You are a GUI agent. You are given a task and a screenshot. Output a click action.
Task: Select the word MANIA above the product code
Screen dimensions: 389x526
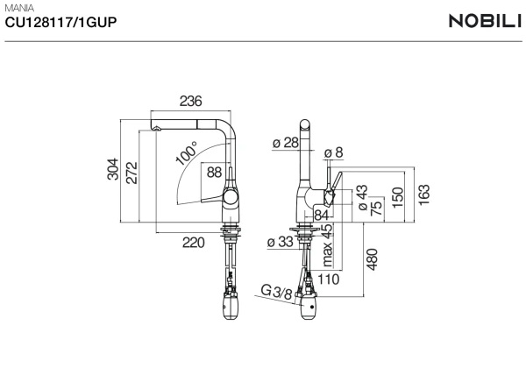pos(20,9)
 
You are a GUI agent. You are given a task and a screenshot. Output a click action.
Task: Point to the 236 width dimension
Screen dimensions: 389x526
pos(190,102)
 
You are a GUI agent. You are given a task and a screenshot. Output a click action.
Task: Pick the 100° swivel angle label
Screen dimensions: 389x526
pos(185,155)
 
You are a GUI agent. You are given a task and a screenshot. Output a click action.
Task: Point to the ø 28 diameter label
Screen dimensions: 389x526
pos(285,143)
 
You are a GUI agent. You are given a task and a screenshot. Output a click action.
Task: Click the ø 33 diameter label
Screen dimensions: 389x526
pos(280,242)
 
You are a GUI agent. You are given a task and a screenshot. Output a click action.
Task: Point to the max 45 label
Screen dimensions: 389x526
pos(327,244)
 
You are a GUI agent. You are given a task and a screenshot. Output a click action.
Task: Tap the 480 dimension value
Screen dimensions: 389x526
pos(372,259)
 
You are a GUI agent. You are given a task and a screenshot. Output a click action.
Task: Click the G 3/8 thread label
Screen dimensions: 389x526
pos(276,292)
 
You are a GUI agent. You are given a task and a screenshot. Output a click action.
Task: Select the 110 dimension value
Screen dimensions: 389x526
pos(328,279)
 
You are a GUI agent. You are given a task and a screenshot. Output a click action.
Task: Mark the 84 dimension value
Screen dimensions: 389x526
pos(321,215)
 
